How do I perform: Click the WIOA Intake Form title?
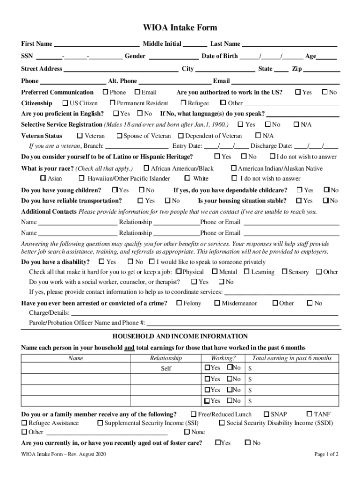[180, 28]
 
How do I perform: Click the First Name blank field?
[96, 44]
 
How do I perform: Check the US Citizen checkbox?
[65, 103]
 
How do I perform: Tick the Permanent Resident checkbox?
[113, 103]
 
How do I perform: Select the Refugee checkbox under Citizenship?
[183, 103]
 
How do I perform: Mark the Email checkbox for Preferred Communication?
[137, 92]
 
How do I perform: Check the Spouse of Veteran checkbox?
[119, 136]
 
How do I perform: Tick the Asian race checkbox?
[43, 178]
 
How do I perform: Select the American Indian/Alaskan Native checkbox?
[234, 168]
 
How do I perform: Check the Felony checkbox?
[179, 303]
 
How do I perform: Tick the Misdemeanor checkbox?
[217, 303]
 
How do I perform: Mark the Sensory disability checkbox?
[284, 271]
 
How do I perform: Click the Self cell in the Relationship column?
[166, 368]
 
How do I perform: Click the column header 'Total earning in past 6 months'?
[292, 358]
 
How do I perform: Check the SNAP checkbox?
[266, 414]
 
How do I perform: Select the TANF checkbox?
[309, 414]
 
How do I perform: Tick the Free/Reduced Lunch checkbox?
[194, 414]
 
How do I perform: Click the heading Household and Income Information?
[180, 336]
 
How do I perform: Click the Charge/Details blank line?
[204, 313]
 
